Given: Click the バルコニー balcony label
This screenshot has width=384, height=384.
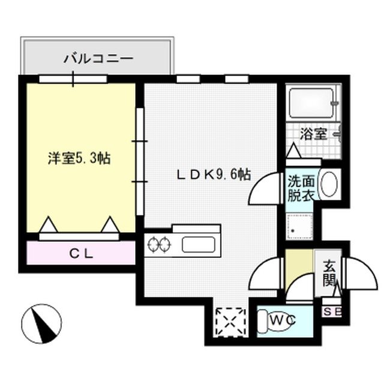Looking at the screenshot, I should [99, 59].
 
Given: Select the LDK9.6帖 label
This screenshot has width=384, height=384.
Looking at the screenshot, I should [213, 175].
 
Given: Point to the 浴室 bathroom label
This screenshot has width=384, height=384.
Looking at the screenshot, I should [313, 134].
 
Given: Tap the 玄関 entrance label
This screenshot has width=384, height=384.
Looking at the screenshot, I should [331, 273].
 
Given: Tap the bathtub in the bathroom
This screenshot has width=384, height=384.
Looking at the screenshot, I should [311, 103].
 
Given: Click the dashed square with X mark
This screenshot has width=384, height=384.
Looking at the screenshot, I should [231, 320].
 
